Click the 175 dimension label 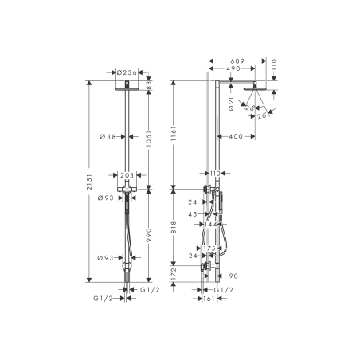pyautogui.click(x=209, y=248)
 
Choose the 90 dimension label pyautogui.click(x=233, y=276)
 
